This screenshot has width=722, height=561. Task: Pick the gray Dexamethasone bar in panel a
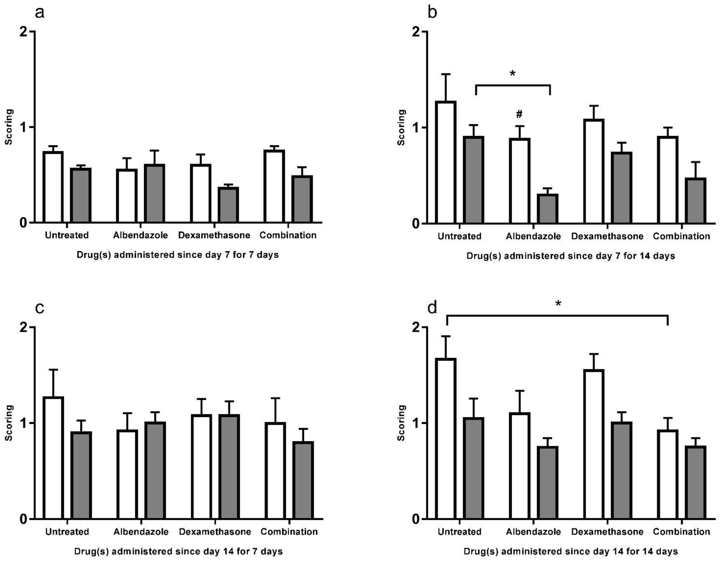click(228, 205)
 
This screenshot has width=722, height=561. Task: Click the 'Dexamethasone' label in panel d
click(607, 532)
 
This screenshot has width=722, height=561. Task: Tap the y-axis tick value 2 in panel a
click(23, 32)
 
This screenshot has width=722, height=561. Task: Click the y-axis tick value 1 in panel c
click(23, 423)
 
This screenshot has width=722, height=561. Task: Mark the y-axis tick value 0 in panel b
click(416, 224)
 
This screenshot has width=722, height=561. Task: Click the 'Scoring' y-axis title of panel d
click(401, 423)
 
